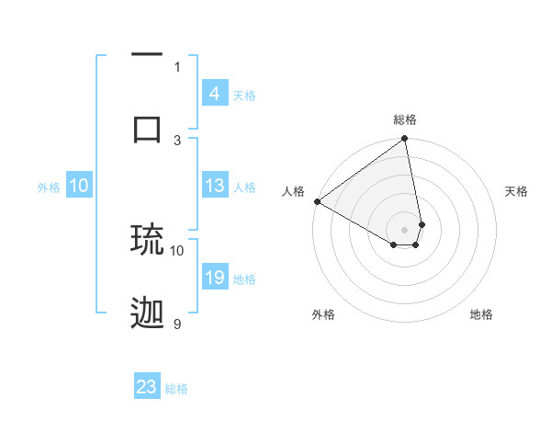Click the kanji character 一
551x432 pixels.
[147, 55]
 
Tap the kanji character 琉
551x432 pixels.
[147, 239]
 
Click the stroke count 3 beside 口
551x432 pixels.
[177, 140]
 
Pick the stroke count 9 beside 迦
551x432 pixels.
[177, 324]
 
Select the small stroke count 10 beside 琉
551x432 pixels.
[177, 250]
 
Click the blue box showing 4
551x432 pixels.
[214, 94]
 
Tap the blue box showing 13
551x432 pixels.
[214, 186]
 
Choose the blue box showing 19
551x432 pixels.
[214, 278]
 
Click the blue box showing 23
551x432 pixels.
[147, 387]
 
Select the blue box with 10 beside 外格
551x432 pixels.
[79, 186]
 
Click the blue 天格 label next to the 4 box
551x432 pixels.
[244, 95]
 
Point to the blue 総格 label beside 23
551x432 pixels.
[176, 389]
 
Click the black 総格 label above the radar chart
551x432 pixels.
[405, 119]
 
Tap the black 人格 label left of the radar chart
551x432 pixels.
[294, 191]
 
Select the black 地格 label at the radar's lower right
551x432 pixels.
[481, 314]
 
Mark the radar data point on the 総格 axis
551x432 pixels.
[405, 140]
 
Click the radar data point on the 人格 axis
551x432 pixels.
[317, 201]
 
